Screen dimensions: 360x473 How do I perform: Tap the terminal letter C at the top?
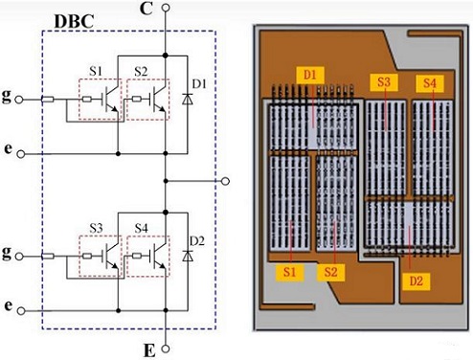click(x=144, y=9)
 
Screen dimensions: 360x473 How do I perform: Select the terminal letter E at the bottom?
click(x=146, y=349)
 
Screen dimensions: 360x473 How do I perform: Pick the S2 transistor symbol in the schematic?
click(x=148, y=99)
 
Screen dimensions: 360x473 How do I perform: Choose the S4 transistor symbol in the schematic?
click(x=148, y=257)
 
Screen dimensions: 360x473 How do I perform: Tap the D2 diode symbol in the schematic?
click(x=188, y=257)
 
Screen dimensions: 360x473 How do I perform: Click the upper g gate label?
click(x=9, y=98)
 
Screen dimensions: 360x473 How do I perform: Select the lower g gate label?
click(x=9, y=255)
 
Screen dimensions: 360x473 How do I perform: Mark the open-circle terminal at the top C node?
click(x=166, y=8)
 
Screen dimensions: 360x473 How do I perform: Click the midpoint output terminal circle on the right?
click(x=225, y=179)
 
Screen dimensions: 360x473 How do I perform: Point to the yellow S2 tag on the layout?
click(x=332, y=273)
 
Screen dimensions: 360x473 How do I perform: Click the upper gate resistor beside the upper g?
click(x=48, y=99)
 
